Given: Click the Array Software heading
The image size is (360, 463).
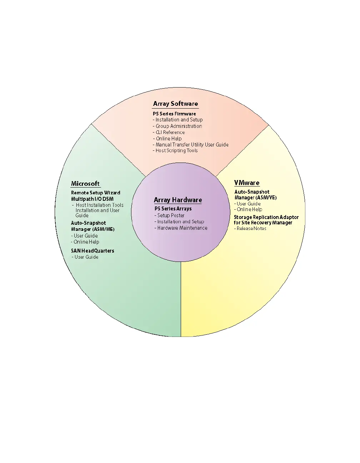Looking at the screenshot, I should (175, 104).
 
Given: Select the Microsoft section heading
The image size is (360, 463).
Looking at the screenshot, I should (85, 184).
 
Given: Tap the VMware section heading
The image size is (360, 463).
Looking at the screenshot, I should (247, 183).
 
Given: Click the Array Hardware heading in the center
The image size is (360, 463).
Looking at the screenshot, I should (178, 200).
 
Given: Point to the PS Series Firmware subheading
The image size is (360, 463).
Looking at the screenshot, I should (174, 114).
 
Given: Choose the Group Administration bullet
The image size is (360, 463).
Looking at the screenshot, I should (178, 126).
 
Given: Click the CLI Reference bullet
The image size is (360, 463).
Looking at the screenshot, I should (170, 132).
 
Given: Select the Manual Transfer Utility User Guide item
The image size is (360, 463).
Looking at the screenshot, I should (191, 145).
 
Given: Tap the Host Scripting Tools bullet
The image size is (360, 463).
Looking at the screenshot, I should (176, 151).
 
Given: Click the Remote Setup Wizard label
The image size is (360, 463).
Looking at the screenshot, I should (95, 193).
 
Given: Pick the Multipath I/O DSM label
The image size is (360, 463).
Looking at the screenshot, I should (92, 199).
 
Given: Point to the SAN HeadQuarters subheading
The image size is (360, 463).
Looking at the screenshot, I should (92, 251).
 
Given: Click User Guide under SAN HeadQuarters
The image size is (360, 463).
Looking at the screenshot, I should (86, 257).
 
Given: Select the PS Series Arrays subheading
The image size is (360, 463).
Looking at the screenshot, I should (173, 209).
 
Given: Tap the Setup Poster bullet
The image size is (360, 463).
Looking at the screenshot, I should (170, 215).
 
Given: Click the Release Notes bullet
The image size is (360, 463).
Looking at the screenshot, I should (251, 229).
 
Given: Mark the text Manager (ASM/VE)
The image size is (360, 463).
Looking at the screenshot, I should (255, 198).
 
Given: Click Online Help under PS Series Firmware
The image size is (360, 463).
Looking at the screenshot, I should (168, 139).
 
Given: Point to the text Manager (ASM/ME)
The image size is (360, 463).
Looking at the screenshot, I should (92, 229).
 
